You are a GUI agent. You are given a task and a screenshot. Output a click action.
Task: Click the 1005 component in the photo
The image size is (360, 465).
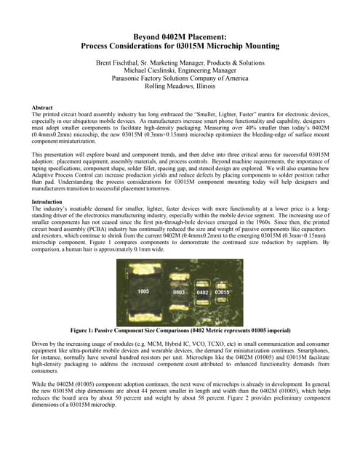(x=143, y=291)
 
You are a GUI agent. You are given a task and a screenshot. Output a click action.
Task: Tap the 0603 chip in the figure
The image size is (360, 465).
(x=178, y=291)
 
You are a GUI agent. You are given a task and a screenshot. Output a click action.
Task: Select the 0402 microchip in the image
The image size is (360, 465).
(x=202, y=292)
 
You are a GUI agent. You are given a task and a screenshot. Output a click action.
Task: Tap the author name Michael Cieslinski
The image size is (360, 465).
(x=150, y=72)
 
